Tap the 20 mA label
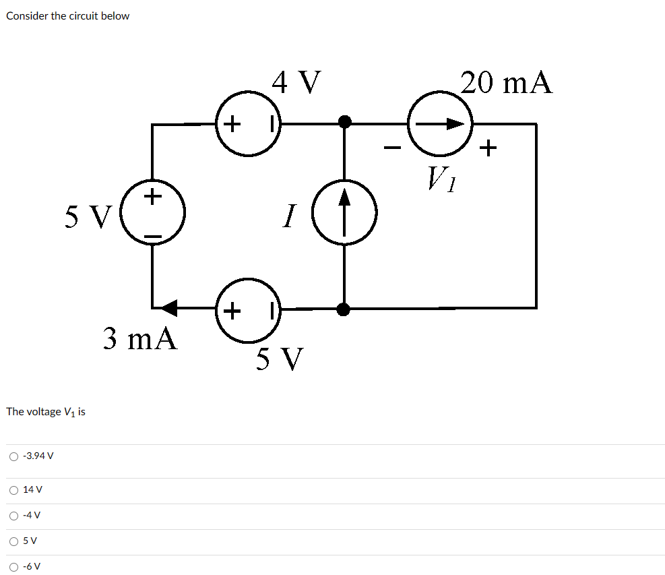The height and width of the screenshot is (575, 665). point(507,82)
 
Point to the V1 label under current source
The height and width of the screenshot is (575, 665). point(441,179)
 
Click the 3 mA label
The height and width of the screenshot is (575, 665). point(141,338)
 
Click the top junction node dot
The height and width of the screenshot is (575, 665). point(344,122)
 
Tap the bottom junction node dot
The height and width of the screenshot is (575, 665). point(344,309)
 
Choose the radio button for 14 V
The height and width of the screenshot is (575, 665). point(14,490)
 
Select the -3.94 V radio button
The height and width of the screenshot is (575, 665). point(14,456)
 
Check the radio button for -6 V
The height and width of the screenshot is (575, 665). point(14,566)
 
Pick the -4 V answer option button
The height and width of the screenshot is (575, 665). point(14,516)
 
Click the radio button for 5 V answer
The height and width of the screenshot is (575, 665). point(14,541)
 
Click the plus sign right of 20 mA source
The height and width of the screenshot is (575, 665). point(490,147)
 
